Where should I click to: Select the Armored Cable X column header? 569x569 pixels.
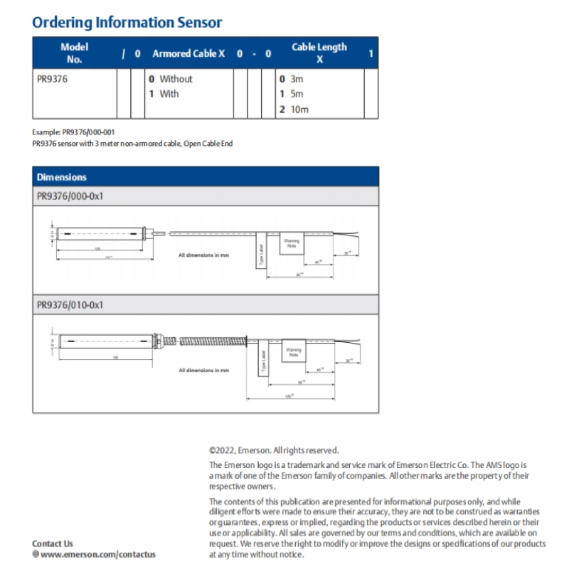(x=188, y=53)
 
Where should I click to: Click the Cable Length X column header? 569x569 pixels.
(x=319, y=53)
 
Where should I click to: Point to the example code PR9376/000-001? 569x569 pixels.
(x=89, y=132)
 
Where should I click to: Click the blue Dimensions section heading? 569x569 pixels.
(x=62, y=177)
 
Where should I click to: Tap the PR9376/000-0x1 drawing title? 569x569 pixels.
(x=70, y=196)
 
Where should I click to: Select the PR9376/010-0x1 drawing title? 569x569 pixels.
(x=70, y=304)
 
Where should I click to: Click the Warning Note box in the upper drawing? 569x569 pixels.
(x=292, y=243)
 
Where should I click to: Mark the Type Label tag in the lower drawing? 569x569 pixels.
(x=262, y=363)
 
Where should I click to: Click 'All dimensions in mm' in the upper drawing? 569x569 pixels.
(x=203, y=254)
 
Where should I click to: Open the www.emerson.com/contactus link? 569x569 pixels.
(x=98, y=554)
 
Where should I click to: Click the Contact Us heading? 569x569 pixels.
(x=53, y=543)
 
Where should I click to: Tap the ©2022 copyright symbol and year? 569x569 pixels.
(x=222, y=450)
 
